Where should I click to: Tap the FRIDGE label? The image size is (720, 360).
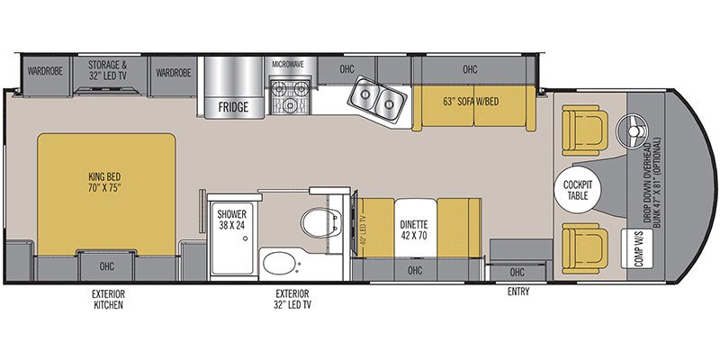point(232,106)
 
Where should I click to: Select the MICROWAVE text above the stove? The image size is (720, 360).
point(290,64)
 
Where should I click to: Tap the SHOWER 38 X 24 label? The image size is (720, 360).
point(230,220)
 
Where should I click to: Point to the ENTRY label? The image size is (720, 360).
point(517,292)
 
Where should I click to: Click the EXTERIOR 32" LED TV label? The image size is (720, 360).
point(292,300)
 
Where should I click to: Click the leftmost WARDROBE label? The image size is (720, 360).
point(43,70)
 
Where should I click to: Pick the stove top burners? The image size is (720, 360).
point(290,94)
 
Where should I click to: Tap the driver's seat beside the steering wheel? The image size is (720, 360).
point(580,127)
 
